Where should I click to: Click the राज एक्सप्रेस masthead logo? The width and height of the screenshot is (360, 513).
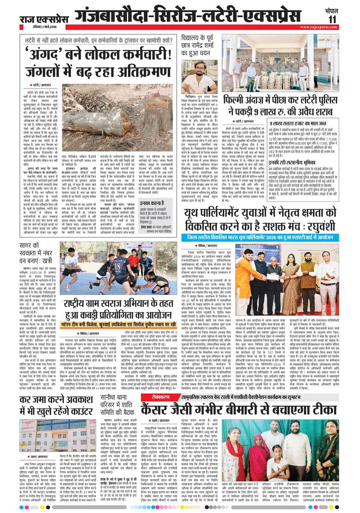(43, 19)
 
